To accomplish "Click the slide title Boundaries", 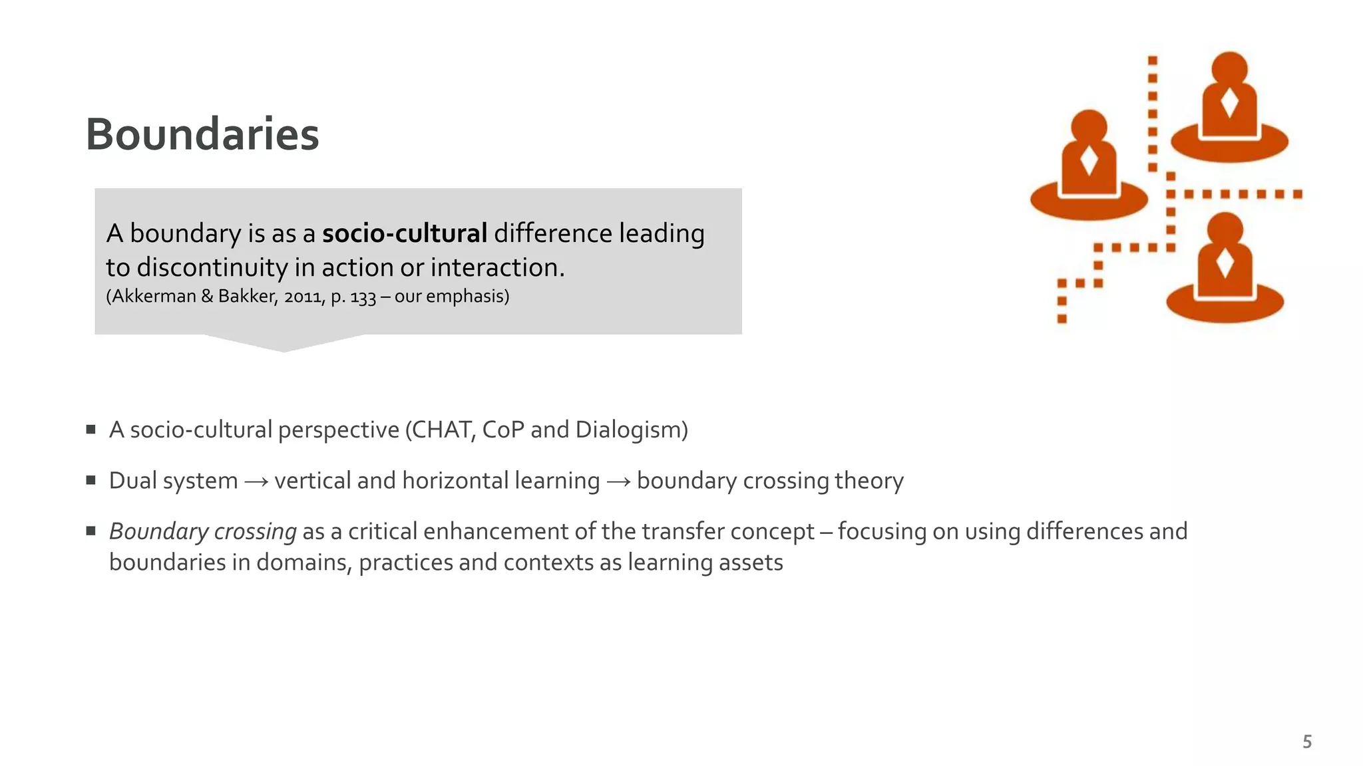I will click(x=202, y=134).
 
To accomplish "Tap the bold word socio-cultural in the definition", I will click(x=405, y=234).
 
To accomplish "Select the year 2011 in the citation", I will click(x=304, y=297).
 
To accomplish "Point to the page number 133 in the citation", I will click(x=363, y=297).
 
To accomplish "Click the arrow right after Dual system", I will click(x=256, y=481).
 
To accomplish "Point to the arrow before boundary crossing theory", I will click(x=618, y=481).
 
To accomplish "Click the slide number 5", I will click(x=1307, y=742).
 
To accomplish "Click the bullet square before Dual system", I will click(x=91, y=480).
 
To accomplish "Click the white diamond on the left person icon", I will click(x=1089, y=161).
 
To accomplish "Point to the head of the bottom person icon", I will click(x=1225, y=229).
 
